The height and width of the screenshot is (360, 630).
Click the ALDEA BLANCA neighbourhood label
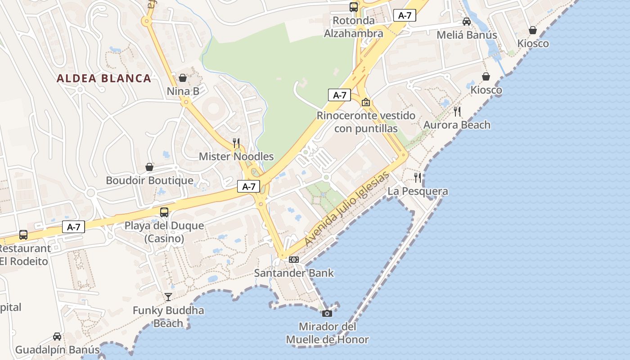tap(103, 78)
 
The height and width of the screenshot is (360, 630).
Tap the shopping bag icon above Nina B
tap(183, 77)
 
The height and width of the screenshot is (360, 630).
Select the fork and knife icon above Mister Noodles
tap(236, 143)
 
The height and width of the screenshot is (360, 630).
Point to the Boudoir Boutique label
tap(149, 180)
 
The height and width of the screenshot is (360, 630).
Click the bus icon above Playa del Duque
tap(164, 212)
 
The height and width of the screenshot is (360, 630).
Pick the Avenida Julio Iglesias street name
tap(346, 209)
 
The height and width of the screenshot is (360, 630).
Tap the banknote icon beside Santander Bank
tap(294, 260)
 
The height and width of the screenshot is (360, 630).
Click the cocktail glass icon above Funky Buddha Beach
tap(168, 297)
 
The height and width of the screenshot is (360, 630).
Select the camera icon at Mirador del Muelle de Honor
tap(327, 313)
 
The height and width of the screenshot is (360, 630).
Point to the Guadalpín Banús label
tap(57, 350)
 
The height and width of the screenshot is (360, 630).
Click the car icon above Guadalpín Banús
tap(57, 336)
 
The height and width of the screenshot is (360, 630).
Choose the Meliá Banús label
tap(467, 35)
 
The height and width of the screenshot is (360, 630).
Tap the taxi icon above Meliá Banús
tap(467, 22)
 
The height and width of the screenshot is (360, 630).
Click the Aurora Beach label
tap(457, 125)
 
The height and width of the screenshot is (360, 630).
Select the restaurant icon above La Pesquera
tap(418, 178)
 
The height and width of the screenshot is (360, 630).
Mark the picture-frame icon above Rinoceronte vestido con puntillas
tap(366, 102)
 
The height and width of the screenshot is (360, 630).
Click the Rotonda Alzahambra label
tap(354, 27)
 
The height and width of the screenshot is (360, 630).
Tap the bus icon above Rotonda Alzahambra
tap(354, 7)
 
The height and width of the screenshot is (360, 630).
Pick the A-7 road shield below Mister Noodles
tap(249, 186)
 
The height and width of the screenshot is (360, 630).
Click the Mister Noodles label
tap(236, 157)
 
